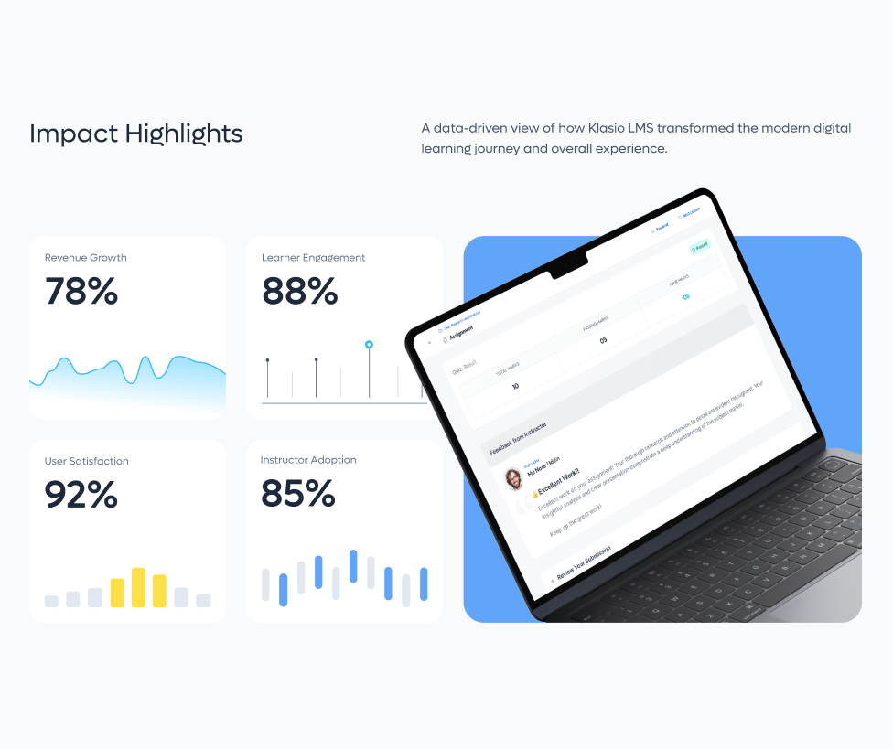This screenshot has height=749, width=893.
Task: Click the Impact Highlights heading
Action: click(x=135, y=134)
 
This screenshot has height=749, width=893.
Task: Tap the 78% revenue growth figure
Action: click(x=81, y=292)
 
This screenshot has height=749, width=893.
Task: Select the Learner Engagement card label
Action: click(x=313, y=258)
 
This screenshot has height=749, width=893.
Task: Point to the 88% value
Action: click(x=299, y=292)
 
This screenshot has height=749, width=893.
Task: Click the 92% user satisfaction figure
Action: click(x=81, y=495)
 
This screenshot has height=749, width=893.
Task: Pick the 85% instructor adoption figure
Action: click(x=298, y=494)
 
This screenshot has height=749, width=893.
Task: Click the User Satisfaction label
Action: click(x=86, y=461)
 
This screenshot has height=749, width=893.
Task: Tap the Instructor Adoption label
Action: click(x=308, y=460)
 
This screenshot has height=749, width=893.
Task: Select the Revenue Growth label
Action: click(x=85, y=258)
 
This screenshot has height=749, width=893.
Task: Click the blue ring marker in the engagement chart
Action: click(x=369, y=345)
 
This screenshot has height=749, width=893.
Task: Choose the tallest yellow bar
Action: click(x=138, y=587)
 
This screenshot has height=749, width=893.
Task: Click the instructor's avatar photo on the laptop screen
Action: click(x=513, y=479)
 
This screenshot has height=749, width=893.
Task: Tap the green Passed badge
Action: click(x=699, y=247)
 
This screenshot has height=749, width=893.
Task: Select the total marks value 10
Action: click(x=515, y=386)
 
